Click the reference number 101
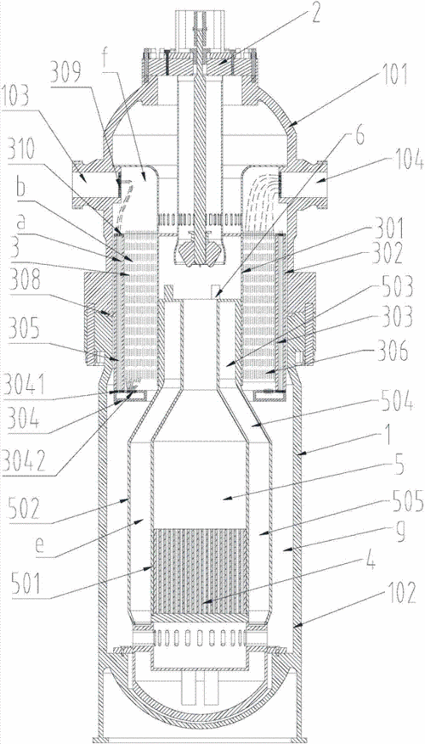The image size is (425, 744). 394,76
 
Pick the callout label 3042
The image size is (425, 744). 20,460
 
